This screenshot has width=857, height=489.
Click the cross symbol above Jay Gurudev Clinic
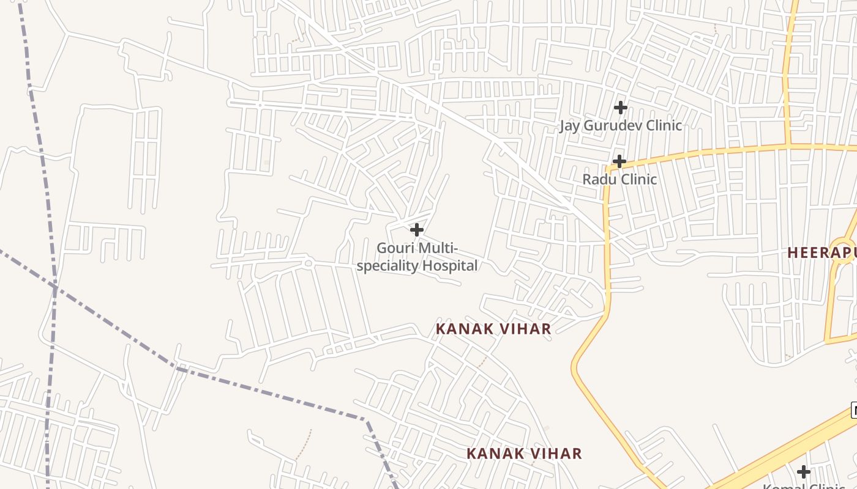620,108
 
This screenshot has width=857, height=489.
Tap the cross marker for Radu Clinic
619,161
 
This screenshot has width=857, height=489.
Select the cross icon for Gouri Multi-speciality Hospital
417,230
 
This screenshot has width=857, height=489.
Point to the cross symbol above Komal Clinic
804,471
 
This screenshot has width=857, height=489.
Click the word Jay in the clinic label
570,125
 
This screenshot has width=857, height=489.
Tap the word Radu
599,179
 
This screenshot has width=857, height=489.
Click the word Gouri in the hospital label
394,248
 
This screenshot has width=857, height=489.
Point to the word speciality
386,265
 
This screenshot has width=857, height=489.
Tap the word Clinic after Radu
637,179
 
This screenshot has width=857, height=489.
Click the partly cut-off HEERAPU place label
821,252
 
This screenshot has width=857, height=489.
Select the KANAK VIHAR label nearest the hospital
493,329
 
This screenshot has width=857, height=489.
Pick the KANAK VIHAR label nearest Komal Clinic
524,454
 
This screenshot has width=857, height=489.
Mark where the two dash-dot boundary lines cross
54,286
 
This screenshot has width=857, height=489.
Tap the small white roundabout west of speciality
309,263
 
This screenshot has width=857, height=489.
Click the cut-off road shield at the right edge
854,410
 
